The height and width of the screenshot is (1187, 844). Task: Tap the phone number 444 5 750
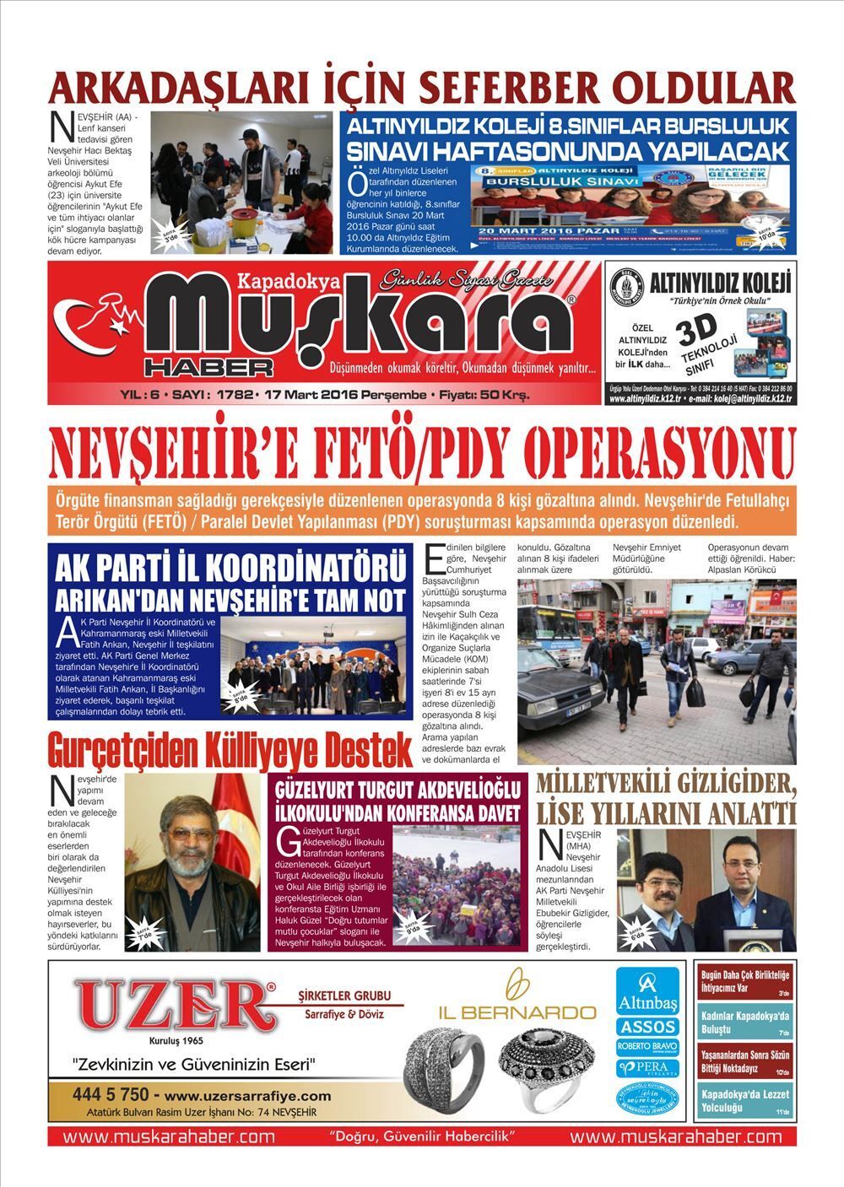[x=111, y=1095]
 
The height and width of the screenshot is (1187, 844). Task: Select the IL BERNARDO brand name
[x=517, y=1012]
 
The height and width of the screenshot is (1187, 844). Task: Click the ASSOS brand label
[x=647, y=1027]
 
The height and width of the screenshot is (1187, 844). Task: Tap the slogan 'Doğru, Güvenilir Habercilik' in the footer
[x=423, y=1136]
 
